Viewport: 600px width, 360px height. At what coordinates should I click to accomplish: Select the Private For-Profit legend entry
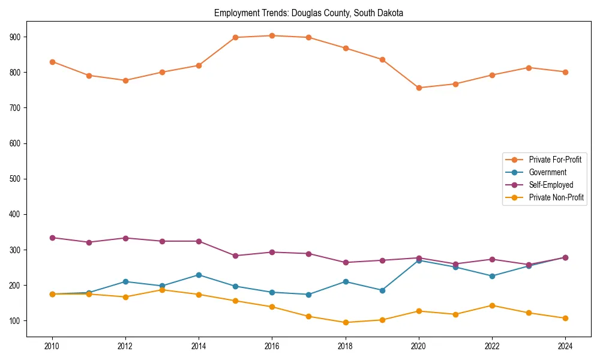point(555,160)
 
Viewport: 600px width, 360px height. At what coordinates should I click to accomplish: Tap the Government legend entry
point(547,172)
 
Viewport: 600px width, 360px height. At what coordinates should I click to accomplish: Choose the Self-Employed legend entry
point(551,185)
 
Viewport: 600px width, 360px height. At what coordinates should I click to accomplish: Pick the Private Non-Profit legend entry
point(556,197)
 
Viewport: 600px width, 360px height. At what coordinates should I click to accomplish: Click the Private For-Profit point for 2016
point(272,35)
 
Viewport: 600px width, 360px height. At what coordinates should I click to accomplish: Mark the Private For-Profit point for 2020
point(419,88)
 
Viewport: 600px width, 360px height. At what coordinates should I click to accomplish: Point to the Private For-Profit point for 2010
point(52,62)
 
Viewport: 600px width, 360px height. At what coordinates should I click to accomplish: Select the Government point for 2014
point(199,275)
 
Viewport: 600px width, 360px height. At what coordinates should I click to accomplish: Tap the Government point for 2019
point(382,290)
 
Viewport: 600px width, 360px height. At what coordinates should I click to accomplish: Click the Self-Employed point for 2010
point(52,238)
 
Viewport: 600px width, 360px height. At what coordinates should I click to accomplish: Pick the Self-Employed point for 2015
point(235,256)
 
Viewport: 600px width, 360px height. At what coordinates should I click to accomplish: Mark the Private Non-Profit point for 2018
point(346,322)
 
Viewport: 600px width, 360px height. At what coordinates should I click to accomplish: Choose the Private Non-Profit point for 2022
point(492,305)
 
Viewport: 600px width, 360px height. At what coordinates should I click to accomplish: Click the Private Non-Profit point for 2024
point(565,318)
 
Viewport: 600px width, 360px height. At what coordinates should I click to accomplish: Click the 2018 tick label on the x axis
point(346,346)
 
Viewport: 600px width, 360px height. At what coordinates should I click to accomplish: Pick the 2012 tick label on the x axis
point(125,346)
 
